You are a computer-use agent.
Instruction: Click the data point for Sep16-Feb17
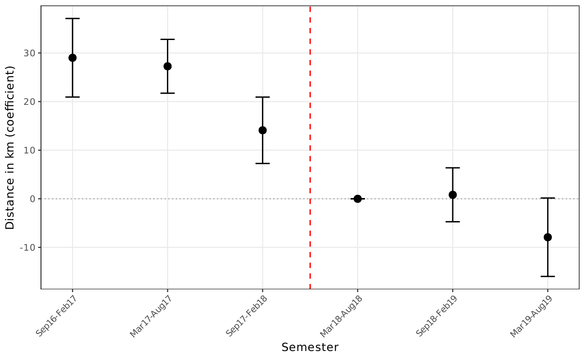pyautogui.click(x=72, y=58)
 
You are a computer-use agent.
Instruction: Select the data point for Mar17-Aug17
pyautogui.click(x=167, y=66)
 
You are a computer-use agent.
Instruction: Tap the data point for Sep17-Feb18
pyautogui.click(x=262, y=130)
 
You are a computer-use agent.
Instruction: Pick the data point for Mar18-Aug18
pyautogui.click(x=357, y=198)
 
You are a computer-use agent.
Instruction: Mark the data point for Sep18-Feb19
pyautogui.click(x=453, y=195)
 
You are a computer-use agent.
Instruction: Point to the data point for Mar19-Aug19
pyautogui.click(x=548, y=237)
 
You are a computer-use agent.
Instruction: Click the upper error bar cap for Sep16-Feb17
pyautogui.click(x=72, y=18)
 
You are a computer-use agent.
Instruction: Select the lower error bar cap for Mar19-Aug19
pyautogui.click(x=548, y=276)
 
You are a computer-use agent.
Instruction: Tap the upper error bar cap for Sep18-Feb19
pyautogui.click(x=453, y=168)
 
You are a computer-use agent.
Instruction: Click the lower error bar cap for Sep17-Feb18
pyautogui.click(x=262, y=163)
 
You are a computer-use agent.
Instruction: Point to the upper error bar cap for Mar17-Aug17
pyautogui.click(x=167, y=40)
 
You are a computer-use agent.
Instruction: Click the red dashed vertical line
pyautogui.click(x=310, y=135)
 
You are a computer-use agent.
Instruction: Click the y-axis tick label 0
pyautogui.click(x=33, y=199)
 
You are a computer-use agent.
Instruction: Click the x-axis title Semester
pyautogui.click(x=310, y=347)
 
